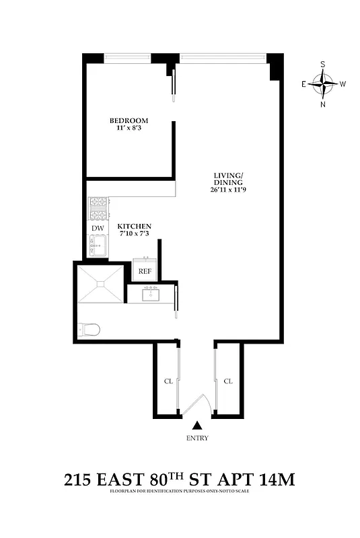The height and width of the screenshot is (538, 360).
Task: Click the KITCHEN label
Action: (135, 227)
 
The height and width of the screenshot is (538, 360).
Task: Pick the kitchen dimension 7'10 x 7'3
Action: (135, 235)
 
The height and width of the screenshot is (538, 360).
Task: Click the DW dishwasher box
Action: (98, 229)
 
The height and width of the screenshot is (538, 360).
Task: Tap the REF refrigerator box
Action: (145, 271)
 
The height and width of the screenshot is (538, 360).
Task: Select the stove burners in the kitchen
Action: (98, 208)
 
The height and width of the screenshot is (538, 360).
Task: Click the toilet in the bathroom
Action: (89, 330)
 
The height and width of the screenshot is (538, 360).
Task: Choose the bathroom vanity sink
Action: (150, 293)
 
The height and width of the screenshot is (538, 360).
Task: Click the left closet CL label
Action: (169, 381)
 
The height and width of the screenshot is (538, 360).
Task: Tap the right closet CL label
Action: (228, 381)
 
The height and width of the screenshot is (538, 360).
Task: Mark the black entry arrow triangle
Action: (197, 426)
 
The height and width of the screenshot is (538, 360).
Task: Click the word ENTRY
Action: (197, 438)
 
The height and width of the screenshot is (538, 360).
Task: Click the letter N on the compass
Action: (324, 104)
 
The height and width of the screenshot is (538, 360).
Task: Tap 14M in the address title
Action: (277, 481)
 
